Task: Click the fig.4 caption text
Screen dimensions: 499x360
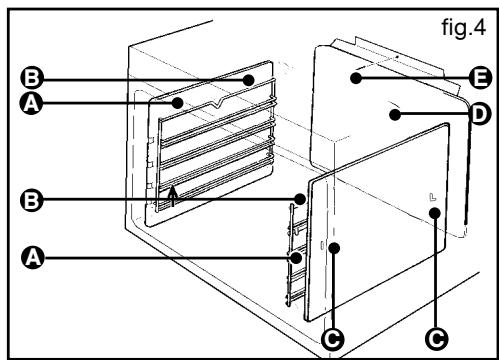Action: (464, 27)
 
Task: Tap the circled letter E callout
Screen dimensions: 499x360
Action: (480, 78)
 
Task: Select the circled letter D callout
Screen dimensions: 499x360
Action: (480, 114)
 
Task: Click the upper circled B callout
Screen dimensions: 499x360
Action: (32, 79)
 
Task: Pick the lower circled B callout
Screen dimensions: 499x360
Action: (32, 201)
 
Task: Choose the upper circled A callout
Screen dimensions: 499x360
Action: (31, 103)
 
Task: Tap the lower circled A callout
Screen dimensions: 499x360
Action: (33, 257)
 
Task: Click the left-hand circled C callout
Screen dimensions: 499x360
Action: (333, 339)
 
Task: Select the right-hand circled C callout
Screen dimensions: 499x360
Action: (437, 339)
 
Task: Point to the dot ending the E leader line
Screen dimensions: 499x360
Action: (356, 78)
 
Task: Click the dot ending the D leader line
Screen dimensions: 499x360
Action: (395, 115)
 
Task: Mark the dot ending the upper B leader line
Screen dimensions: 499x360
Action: (248, 80)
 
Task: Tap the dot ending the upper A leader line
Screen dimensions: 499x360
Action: (178, 103)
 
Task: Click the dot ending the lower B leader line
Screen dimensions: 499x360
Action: (300, 199)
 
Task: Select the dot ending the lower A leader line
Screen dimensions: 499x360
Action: (296, 257)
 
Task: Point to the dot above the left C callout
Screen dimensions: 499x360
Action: (334, 248)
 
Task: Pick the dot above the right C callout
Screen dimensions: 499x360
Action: (435, 213)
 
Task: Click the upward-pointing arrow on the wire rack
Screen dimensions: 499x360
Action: (172, 196)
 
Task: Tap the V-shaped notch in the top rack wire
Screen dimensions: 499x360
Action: (217, 103)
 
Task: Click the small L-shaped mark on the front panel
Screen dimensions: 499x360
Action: (432, 197)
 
